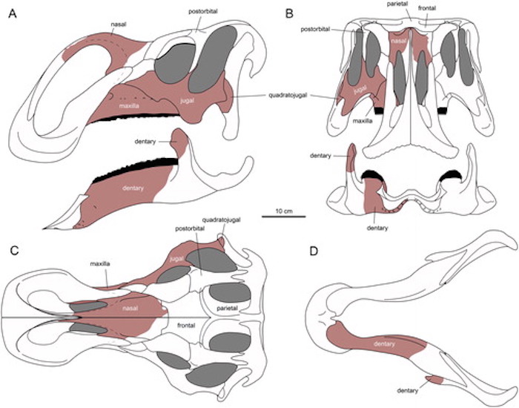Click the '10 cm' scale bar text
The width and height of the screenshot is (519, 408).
(283, 211)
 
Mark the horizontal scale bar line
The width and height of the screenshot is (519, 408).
(283, 218)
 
